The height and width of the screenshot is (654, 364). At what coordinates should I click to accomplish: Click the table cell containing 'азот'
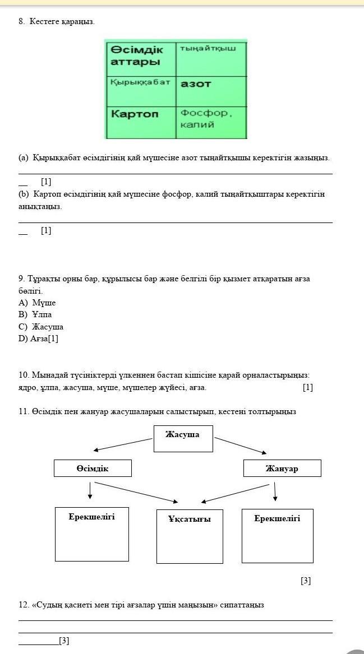point(211,91)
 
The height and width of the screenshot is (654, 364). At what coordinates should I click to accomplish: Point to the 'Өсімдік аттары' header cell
point(140,58)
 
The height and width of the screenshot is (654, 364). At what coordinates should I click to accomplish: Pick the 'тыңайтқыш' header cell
point(211,58)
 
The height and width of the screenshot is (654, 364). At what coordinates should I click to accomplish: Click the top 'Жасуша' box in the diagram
point(183,438)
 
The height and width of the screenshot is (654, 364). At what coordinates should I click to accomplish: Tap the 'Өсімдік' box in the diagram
point(93,468)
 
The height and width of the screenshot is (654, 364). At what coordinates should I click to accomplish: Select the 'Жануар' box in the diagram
point(282,468)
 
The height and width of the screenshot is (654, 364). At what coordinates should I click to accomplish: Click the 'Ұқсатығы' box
point(190,536)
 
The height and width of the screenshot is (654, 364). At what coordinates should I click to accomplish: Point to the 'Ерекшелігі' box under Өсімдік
point(92,534)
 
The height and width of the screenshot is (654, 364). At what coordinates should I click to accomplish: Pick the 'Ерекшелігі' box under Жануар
point(277,535)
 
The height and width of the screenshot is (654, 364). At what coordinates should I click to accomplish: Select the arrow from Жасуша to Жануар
point(240,445)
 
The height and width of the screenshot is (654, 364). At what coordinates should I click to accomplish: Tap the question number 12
point(23,605)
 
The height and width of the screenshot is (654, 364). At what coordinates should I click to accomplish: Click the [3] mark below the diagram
point(306,581)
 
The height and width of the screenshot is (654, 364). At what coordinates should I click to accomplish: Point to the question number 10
point(23,375)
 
